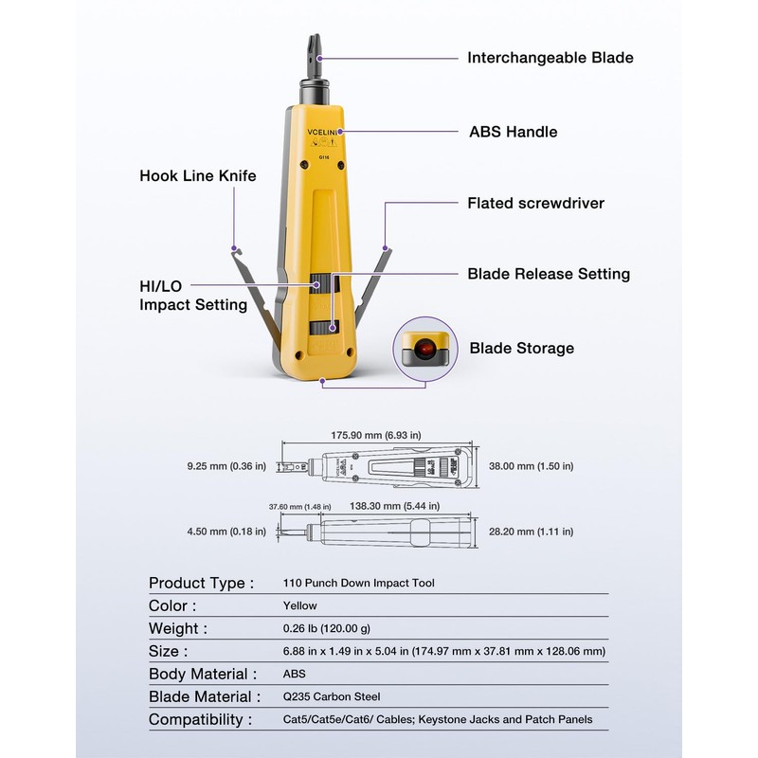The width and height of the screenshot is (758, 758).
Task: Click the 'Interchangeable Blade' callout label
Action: click(x=550, y=58)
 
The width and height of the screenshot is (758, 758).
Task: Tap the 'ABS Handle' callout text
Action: click(x=512, y=132)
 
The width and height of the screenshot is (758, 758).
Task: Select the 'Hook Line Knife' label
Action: click(x=198, y=175)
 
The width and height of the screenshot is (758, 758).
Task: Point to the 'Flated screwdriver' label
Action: click(x=535, y=203)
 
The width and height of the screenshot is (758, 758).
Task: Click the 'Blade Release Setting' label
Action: click(x=549, y=274)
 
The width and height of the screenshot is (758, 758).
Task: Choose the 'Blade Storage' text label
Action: click(x=521, y=348)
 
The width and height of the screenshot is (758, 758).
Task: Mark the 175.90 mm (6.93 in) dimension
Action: click(x=375, y=435)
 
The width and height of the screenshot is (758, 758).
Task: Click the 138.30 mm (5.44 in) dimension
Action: click(x=387, y=507)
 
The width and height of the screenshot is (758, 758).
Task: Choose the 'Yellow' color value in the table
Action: click(x=300, y=605)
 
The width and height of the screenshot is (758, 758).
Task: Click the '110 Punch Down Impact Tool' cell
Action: click(x=358, y=584)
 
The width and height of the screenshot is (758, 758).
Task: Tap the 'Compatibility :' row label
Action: click(x=200, y=719)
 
